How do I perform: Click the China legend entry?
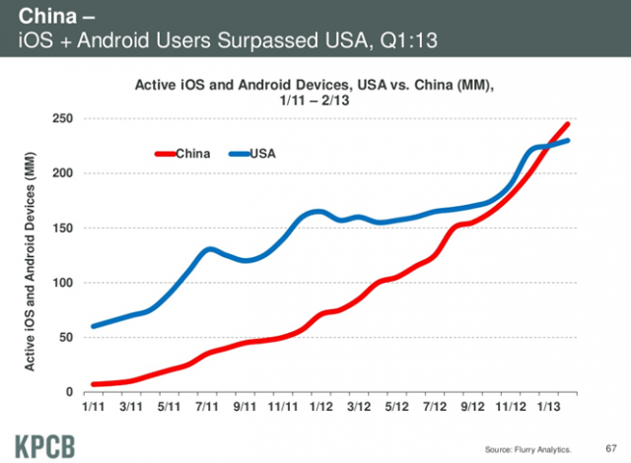pos(182,154)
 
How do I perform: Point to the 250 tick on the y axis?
pos(68,118)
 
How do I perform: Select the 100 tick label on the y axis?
pos(68,283)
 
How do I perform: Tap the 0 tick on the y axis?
pos(75,392)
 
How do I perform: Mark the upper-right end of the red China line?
pos(569,124)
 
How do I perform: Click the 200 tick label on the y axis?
pos(68,173)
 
